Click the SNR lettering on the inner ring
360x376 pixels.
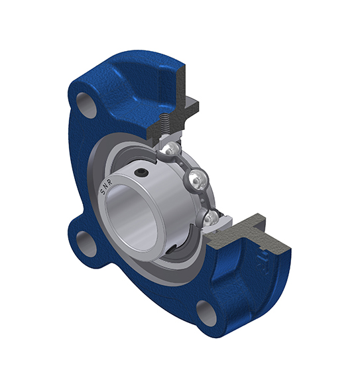point(105,187)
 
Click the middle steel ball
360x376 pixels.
point(198,177)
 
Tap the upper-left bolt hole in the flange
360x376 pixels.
point(87,105)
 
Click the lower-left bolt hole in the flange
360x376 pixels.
point(87,244)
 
